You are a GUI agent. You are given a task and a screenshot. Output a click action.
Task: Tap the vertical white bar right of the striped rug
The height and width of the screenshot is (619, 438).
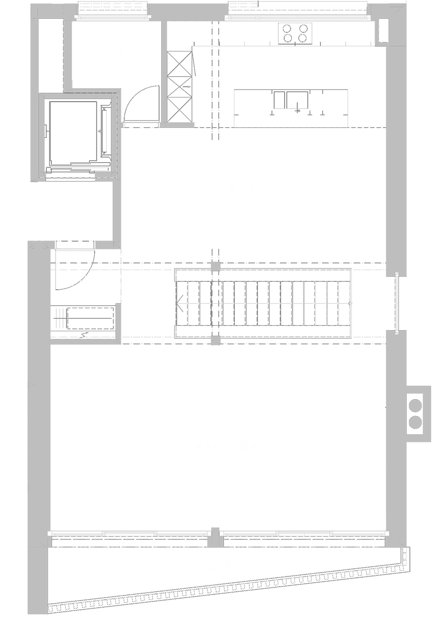pyautogui.click(x=397, y=303)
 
